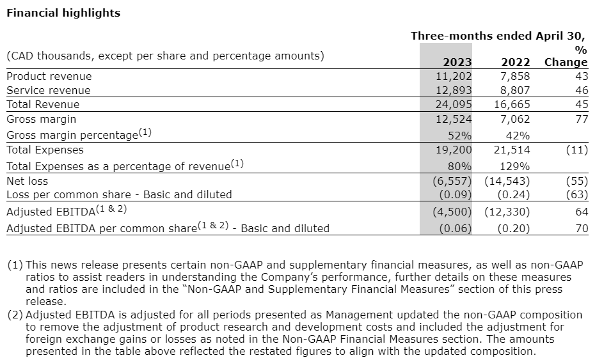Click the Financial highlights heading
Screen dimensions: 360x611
coord(63,13)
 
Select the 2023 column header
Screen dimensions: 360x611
coord(457,62)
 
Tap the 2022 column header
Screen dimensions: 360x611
coord(515,62)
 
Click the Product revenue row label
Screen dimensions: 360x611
coord(49,76)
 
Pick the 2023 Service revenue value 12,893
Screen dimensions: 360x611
coord(454,90)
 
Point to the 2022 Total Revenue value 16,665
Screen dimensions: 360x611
coord(511,104)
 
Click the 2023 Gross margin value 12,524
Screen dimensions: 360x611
coord(454,119)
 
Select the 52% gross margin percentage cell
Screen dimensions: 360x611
coord(460,135)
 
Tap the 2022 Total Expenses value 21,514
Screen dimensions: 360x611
coord(511,150)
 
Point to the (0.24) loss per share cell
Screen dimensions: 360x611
coord(513,194)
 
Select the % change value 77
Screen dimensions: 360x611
coord(582,119)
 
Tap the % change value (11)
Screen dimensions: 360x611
coord(577,150)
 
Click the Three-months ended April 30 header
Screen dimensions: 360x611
coord(498,36)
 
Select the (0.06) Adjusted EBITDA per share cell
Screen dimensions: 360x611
coord(456,228)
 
